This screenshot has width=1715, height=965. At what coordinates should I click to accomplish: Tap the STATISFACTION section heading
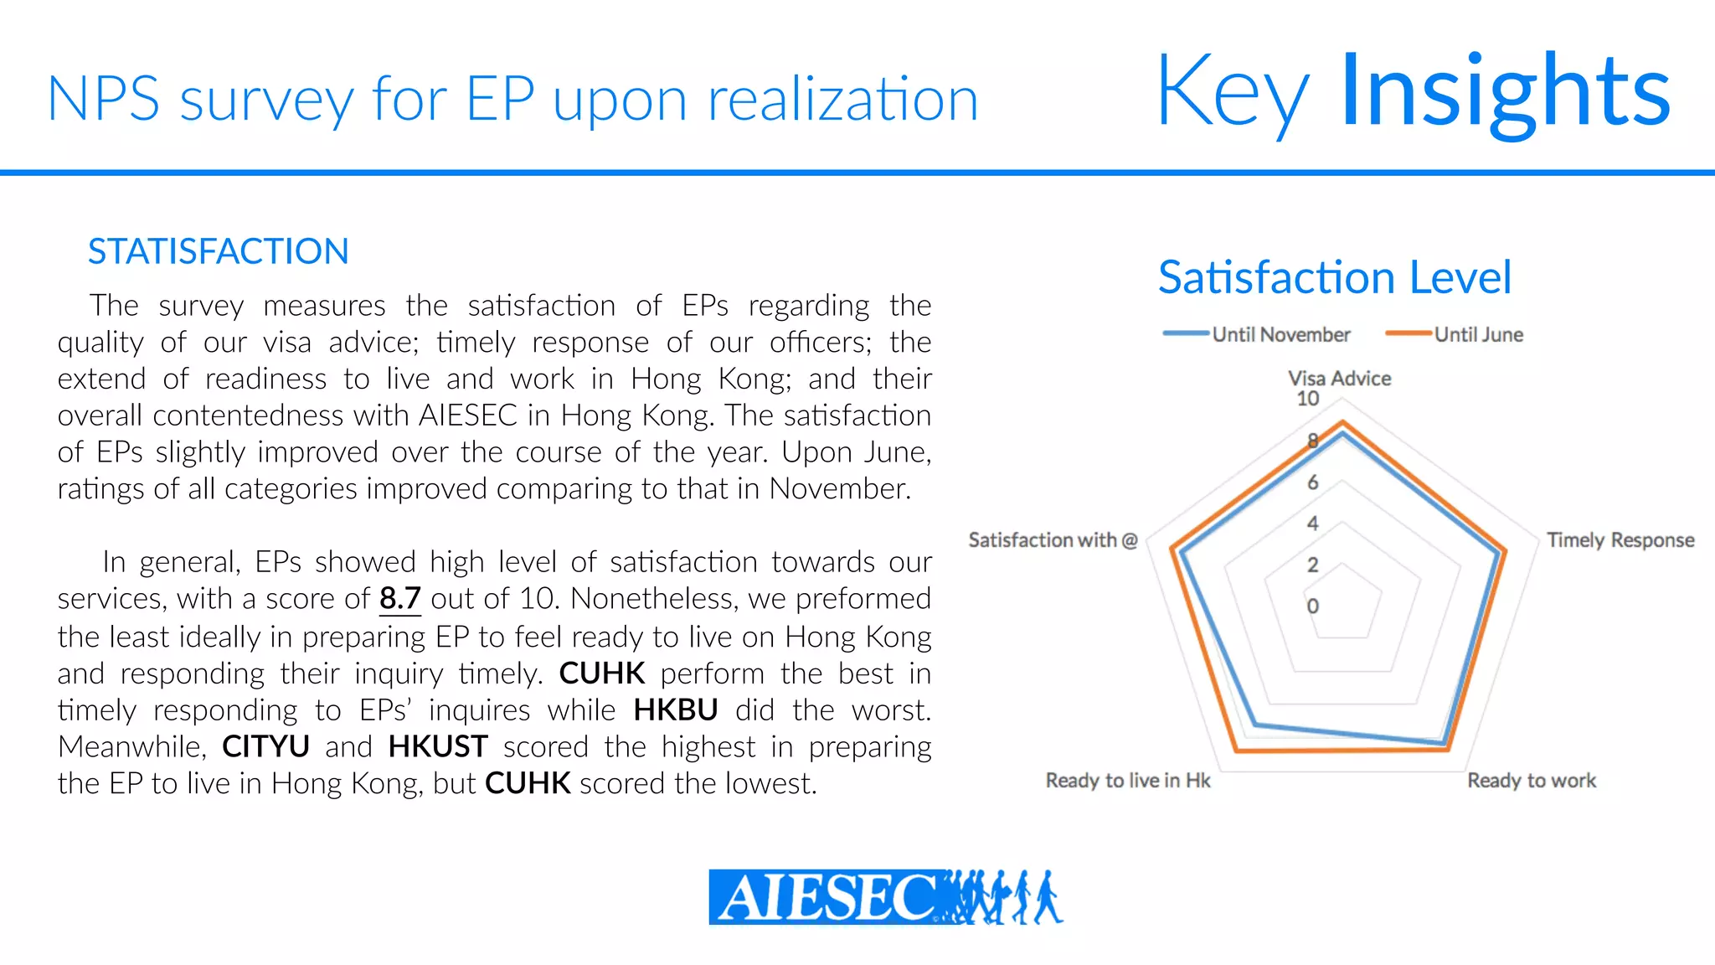pos(218,251)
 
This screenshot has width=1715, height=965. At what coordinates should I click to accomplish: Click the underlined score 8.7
pos(399,598)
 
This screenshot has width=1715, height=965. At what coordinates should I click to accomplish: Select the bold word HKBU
pos(675,710)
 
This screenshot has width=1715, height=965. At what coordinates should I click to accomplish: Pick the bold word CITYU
pos(265,746)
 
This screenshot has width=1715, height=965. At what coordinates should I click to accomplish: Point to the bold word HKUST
pos(438,746)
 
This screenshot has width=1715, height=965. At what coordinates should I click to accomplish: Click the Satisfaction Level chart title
pos(1334,277)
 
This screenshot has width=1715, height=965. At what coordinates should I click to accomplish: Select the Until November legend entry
pos(1280,334)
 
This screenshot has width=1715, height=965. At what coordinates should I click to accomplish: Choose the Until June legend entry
pos(1478,334)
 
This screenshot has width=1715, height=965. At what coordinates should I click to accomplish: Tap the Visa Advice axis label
pos(1339,379)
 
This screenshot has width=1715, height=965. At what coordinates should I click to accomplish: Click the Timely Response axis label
pos(1620,540)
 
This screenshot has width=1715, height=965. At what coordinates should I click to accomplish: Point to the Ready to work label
pos(1532,781)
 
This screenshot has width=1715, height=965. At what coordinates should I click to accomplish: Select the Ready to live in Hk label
pos(1128,781)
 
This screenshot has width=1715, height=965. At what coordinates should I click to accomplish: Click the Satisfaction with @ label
pos(1053,540)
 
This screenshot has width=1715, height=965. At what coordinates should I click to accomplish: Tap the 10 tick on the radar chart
pos(1308,399)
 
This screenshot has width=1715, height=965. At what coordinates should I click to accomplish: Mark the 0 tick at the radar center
pos(1312,606)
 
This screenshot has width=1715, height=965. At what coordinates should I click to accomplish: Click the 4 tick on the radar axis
pos(1312,524)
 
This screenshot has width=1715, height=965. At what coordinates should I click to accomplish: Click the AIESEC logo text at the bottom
pos(825,898)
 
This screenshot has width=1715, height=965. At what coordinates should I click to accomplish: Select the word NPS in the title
pos(103,100)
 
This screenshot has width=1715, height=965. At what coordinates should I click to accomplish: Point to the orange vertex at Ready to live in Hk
pos(1236,751)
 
